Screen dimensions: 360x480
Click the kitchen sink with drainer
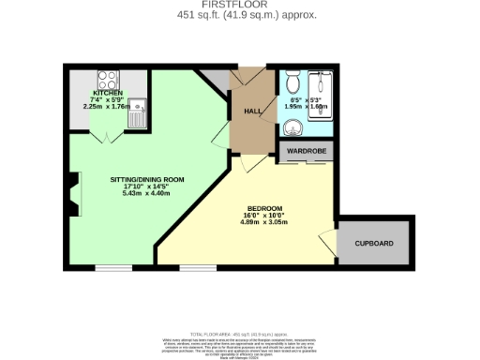[139, 113]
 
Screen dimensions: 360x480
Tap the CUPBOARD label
[374, 244]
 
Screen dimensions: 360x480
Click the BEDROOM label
[264, 209]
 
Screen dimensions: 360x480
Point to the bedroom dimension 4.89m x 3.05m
[264, 222]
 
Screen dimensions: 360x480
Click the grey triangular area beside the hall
[217, 80]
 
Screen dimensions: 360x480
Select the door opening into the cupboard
[329, 246]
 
